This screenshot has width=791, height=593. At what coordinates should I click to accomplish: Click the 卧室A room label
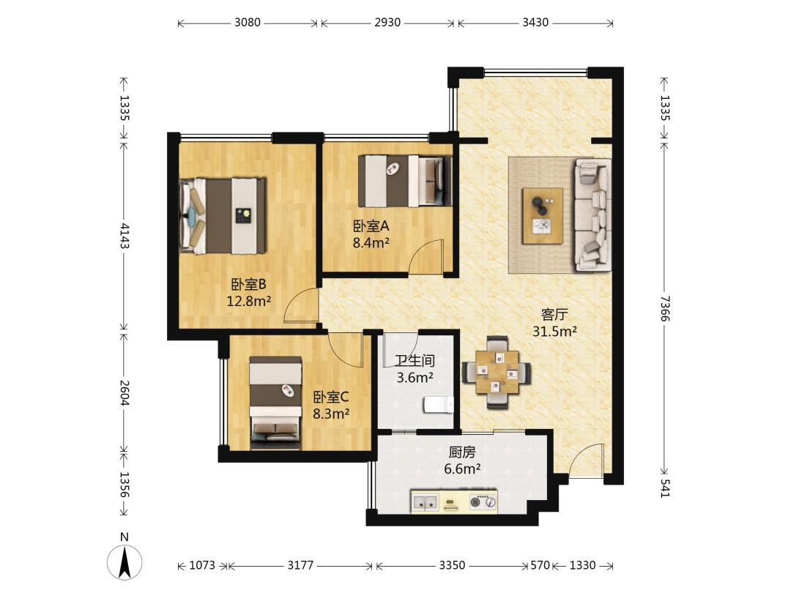371,226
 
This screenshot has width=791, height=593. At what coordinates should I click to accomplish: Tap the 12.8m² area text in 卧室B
249,302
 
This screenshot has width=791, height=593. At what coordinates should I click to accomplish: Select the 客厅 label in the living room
554,315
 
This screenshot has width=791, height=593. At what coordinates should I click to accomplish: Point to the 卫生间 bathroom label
415,360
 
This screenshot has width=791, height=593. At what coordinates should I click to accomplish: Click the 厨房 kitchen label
462,452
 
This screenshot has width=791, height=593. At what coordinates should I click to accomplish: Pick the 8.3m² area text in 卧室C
332,414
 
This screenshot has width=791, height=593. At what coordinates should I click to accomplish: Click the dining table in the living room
497,372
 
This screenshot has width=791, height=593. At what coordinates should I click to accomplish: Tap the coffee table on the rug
542,216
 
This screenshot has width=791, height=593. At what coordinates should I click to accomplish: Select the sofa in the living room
593,215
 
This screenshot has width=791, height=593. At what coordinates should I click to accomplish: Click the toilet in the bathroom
439,404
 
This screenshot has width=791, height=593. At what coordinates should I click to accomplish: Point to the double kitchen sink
426,502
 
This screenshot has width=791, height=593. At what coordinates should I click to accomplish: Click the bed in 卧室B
223,215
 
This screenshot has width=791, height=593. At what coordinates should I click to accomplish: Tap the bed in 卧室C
276,403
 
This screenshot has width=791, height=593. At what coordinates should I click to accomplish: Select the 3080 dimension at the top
248,23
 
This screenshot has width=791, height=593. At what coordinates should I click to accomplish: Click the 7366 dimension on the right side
665,309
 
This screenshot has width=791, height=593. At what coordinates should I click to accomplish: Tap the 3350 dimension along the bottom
451,565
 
